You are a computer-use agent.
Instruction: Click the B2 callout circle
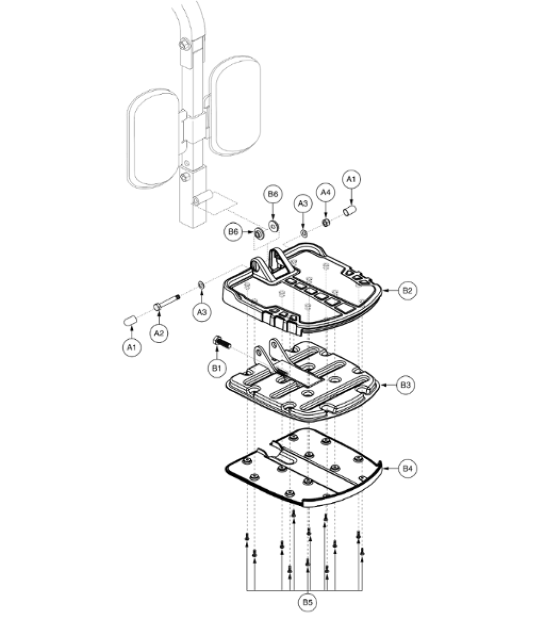pos(408,291)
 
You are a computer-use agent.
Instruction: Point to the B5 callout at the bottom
pos(308,603)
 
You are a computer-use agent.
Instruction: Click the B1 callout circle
pos(216,369)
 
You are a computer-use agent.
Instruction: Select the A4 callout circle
pos(326,193)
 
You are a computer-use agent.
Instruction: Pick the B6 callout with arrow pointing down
pos(273,195)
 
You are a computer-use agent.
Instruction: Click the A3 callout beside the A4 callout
pos(304,203)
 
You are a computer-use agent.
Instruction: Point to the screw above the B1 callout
pos(221,343)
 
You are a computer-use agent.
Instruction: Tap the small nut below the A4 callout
pos(325,223)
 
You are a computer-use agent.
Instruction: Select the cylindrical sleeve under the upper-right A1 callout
pos(350,210)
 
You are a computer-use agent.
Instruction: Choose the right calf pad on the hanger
pos(235,105)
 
